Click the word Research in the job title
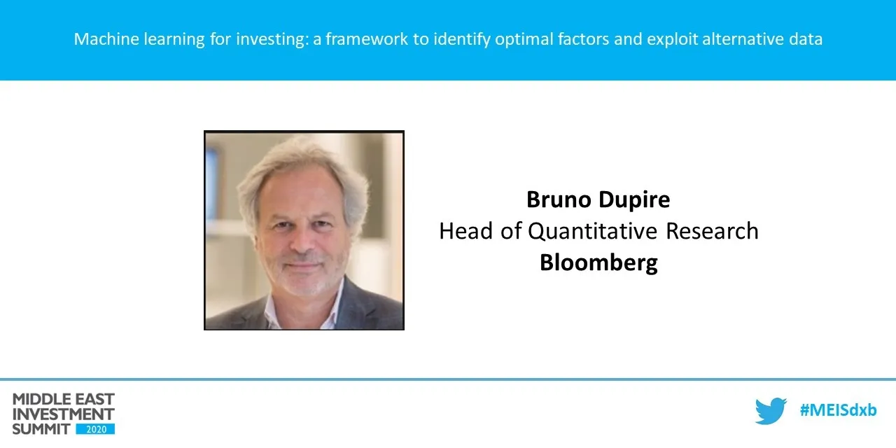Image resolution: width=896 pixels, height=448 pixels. [x=714, y=231]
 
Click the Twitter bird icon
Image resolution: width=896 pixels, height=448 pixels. [x=771, y=411]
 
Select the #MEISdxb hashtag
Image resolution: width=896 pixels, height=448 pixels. [x=838, y=410]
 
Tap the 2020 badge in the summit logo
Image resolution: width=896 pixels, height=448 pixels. [x=95, y=428]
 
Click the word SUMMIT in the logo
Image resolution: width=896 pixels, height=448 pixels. [x=42, y=428]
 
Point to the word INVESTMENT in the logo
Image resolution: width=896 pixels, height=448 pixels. [x=63, y=414]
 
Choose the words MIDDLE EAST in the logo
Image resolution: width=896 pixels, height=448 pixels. [x=63, y=400]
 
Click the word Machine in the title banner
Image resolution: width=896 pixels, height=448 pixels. [x=102, y=39]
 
